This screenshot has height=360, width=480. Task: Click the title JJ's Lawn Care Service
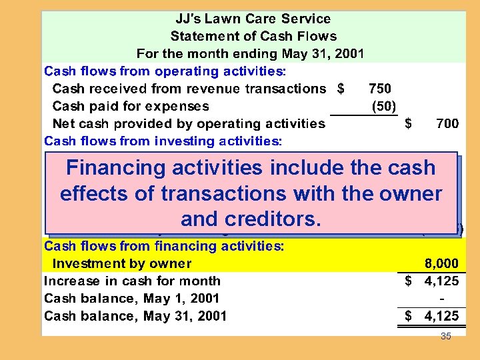(253, 19)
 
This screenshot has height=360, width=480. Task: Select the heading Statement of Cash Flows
(253, 37)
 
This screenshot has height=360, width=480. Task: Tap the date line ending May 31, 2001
(250, 54)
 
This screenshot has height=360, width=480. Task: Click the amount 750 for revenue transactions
(379, 89)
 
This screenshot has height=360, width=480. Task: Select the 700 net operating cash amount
(447, 123)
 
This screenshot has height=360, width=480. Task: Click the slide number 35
(446, 337)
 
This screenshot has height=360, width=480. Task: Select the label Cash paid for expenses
(130, 106)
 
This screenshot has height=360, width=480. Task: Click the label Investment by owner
(121, 264)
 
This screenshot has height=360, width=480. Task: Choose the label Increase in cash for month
(132, 281)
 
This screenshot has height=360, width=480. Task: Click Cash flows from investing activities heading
(163, 141)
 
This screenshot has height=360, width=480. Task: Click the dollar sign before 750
(341, 89)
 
